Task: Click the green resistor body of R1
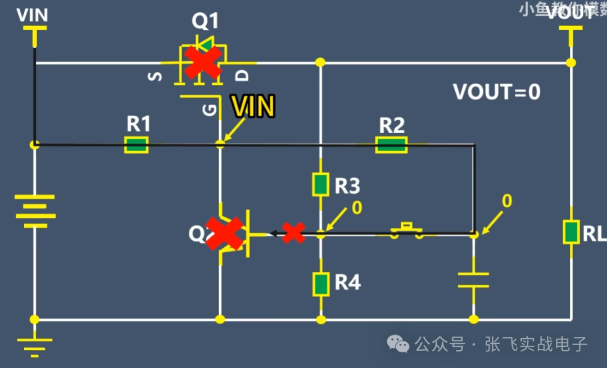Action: click(x=136, y=145)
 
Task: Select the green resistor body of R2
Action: click(x=391, y=145)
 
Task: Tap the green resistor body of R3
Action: click(x=320, y=185)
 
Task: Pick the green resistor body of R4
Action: click(x=320, y=283)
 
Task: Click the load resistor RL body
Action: click(x=571, y=232)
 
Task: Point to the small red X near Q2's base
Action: click(x=293, y=233)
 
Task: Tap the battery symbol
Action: click(x=35, y=211)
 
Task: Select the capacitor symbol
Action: click(x=473, y=280)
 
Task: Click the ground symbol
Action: click(x=35, y=346)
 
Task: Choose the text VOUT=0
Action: click(x=497, y=92)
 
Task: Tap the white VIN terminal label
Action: click(x=32, y=15)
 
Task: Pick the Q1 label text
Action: click(x=205, y=21)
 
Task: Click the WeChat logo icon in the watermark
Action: click(x=400, y=344)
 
